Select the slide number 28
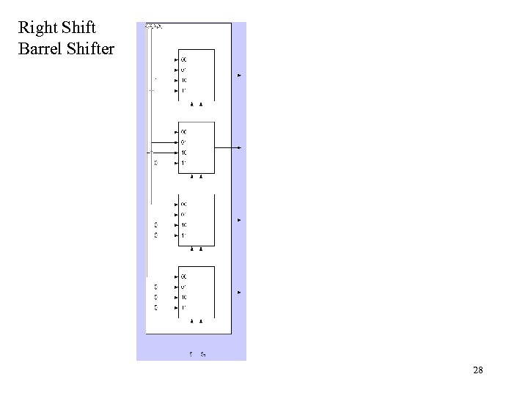[478, 371]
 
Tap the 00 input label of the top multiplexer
[183, 59]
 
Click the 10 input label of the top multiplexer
[183, 80]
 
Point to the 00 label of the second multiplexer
[183, 131]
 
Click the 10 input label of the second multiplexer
[183, 152]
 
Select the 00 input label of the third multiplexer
[183, 203]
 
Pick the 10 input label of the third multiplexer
[183, 224]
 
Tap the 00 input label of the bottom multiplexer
[183, 276]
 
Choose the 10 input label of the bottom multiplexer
[183, 296]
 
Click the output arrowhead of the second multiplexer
[239, 147]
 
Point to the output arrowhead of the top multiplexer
[239, 76]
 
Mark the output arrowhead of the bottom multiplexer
[239, 292]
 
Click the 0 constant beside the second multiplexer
[155, 162]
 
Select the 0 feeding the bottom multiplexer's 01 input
[155, 286]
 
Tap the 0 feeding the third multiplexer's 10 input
[155, 224]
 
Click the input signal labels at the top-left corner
[154, 26]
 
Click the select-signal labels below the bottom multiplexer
[197, 353]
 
